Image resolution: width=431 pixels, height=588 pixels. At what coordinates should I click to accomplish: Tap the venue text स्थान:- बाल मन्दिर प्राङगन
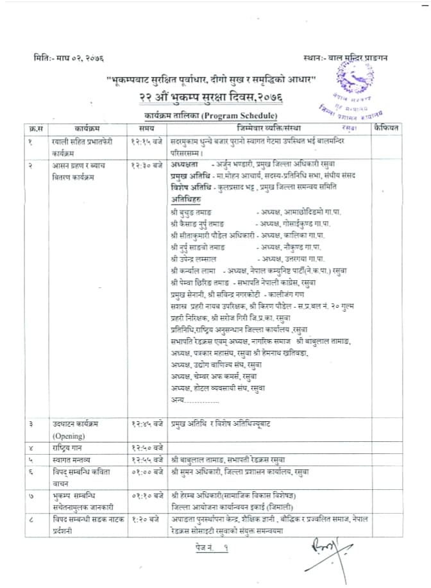coord(346,58)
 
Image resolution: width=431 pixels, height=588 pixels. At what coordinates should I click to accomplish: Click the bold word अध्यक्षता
coord(187,165)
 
